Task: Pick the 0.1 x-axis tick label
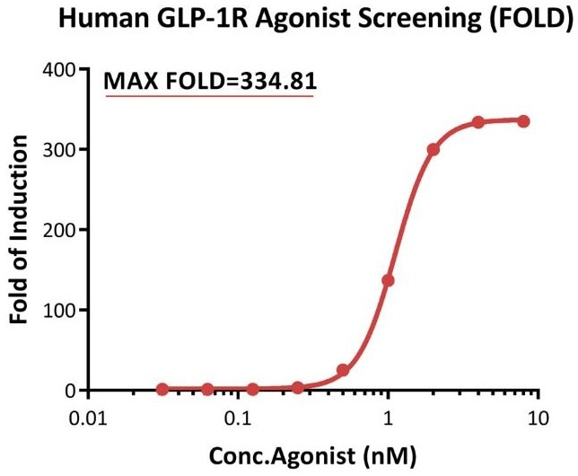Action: (x=238, y=419)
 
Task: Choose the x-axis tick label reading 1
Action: (x=388, y=419)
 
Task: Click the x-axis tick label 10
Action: (x=537, y=419)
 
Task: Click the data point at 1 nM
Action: (x=388, y=280)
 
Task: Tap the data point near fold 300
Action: (x=433, y=150)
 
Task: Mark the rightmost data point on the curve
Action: (x=523, y=121)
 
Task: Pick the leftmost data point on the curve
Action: (x=162, y=389)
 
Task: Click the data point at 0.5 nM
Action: (x=343, y=370)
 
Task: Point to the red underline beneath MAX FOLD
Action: (x=209, y=95)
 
